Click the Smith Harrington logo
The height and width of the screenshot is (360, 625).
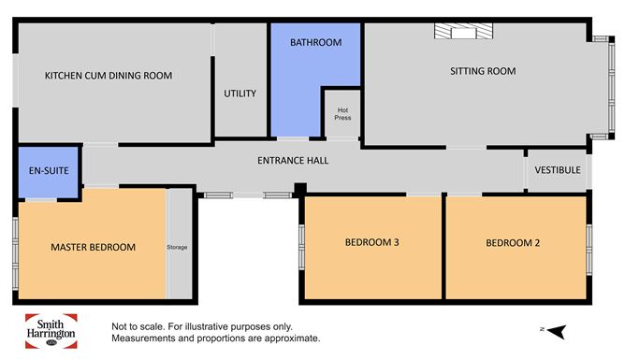point(51,331)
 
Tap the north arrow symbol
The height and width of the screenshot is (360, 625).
point(557,331)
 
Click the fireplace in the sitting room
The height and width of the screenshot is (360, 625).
point(463,31)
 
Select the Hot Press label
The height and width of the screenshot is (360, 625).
point(342,113)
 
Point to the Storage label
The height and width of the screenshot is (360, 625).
point(177,247)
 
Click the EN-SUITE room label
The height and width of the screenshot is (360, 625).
point(49,171)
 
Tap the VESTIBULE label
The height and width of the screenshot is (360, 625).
point(558,170)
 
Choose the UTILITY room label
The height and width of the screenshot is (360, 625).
point(240,94)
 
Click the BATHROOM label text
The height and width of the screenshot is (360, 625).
point(315,42)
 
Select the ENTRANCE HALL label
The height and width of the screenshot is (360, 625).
point(293,161)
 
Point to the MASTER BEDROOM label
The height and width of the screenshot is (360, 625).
point(94,247)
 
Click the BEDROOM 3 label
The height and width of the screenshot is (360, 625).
point(371,242)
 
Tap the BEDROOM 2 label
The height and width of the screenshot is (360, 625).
point(513,243)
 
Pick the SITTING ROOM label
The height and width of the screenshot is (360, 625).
point(483,71)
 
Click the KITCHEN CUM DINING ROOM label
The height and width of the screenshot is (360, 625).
point(109,76)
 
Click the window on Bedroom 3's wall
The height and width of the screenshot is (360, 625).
point(301,246)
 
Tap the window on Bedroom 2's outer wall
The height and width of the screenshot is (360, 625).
point(589,250)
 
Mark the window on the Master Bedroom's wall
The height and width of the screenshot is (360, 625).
point(15,253)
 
